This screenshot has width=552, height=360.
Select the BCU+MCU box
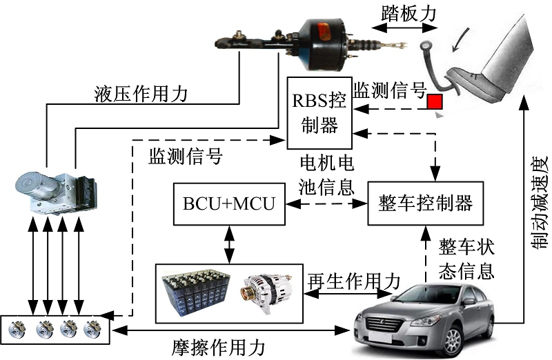tap(229, 204)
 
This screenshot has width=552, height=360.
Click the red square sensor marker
tap(434, 102)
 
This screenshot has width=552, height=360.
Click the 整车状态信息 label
tap(466, 258)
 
